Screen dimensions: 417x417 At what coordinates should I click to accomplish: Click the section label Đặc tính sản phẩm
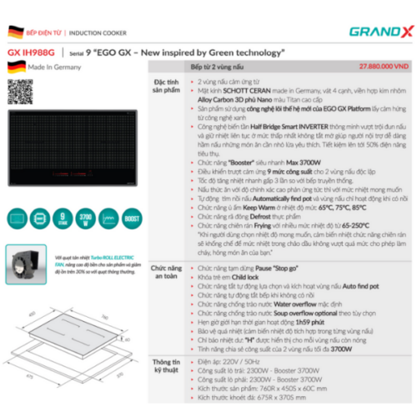[163, 91]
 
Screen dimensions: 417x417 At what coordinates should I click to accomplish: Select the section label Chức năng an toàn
[163, 274]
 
